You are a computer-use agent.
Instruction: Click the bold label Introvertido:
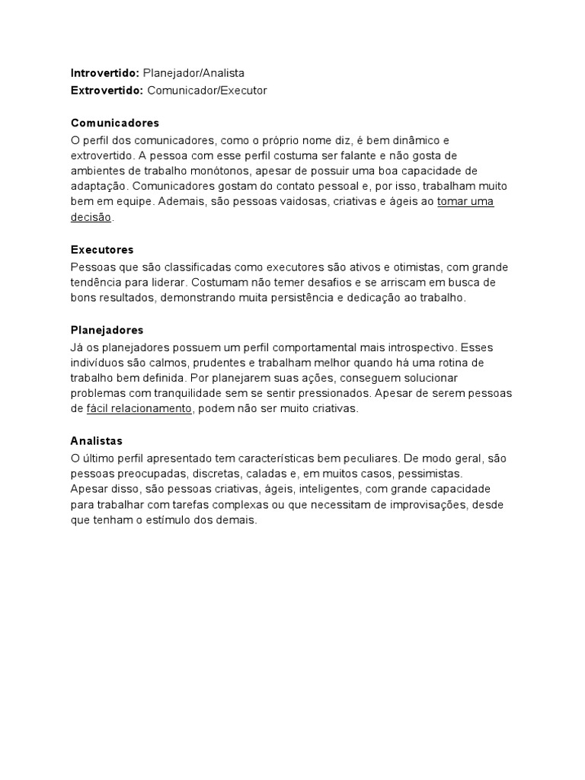click(105, 73)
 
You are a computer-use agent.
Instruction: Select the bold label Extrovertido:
click(107, 90)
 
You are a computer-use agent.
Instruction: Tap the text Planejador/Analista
click(193, 73)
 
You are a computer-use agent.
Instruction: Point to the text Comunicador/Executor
click(207, 90)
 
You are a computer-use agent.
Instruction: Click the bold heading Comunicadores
click(115, 123)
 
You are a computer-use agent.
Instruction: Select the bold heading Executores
click(102, 249)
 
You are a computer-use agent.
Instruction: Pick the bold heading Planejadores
click(107, 330)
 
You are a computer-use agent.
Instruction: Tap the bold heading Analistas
click(97, 440)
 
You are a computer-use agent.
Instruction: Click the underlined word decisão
click(91, 217)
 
